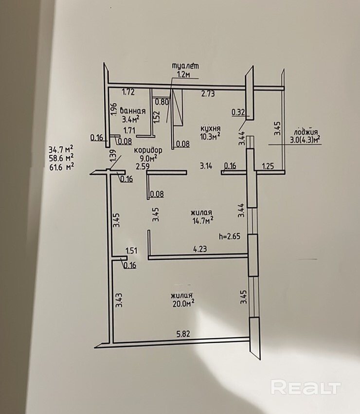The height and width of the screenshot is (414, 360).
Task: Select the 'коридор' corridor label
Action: tap(148, 150)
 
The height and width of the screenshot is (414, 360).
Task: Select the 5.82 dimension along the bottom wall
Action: tap(182, 334)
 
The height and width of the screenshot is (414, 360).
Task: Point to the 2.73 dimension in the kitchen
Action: tap(208, 94)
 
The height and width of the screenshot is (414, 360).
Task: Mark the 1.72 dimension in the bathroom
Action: tap(128, 91)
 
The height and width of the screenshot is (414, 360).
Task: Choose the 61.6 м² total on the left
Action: tap(62, 166)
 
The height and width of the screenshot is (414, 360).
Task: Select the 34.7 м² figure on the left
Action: tap(62, 149)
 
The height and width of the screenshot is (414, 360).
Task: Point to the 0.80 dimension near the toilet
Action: tap(162, 102)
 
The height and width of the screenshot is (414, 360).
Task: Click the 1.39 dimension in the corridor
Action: tap(113, 156)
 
